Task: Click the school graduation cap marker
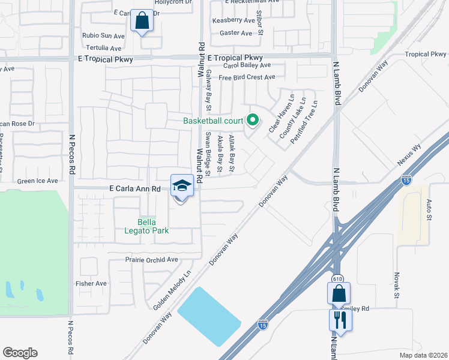pyautogui.click(x=182, y=186)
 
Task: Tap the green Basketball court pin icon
pyautogui.click(x=253, y=121)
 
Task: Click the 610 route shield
pyautogui.click(x=337, y=275)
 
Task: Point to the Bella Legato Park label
pyautogui.click(x=146, y=226)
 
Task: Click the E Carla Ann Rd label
pyautogui.click(x=134, y=188)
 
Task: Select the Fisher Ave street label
pyautogui.click(x=91, y=283)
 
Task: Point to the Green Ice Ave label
pyautogui.click(x=37, y=181)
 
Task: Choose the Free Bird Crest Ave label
pyautogui.click(x=247, y=77)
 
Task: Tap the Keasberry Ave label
pyautogui.click(x=234, y=20)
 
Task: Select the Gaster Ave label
pyautogui.click(x=236, y=34)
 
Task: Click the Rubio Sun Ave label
pyautogui.click(x=104, y=35)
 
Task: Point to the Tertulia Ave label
pyautogui.click(x=103, y=48)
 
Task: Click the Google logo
pyautogui.click(x=20, y=353)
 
